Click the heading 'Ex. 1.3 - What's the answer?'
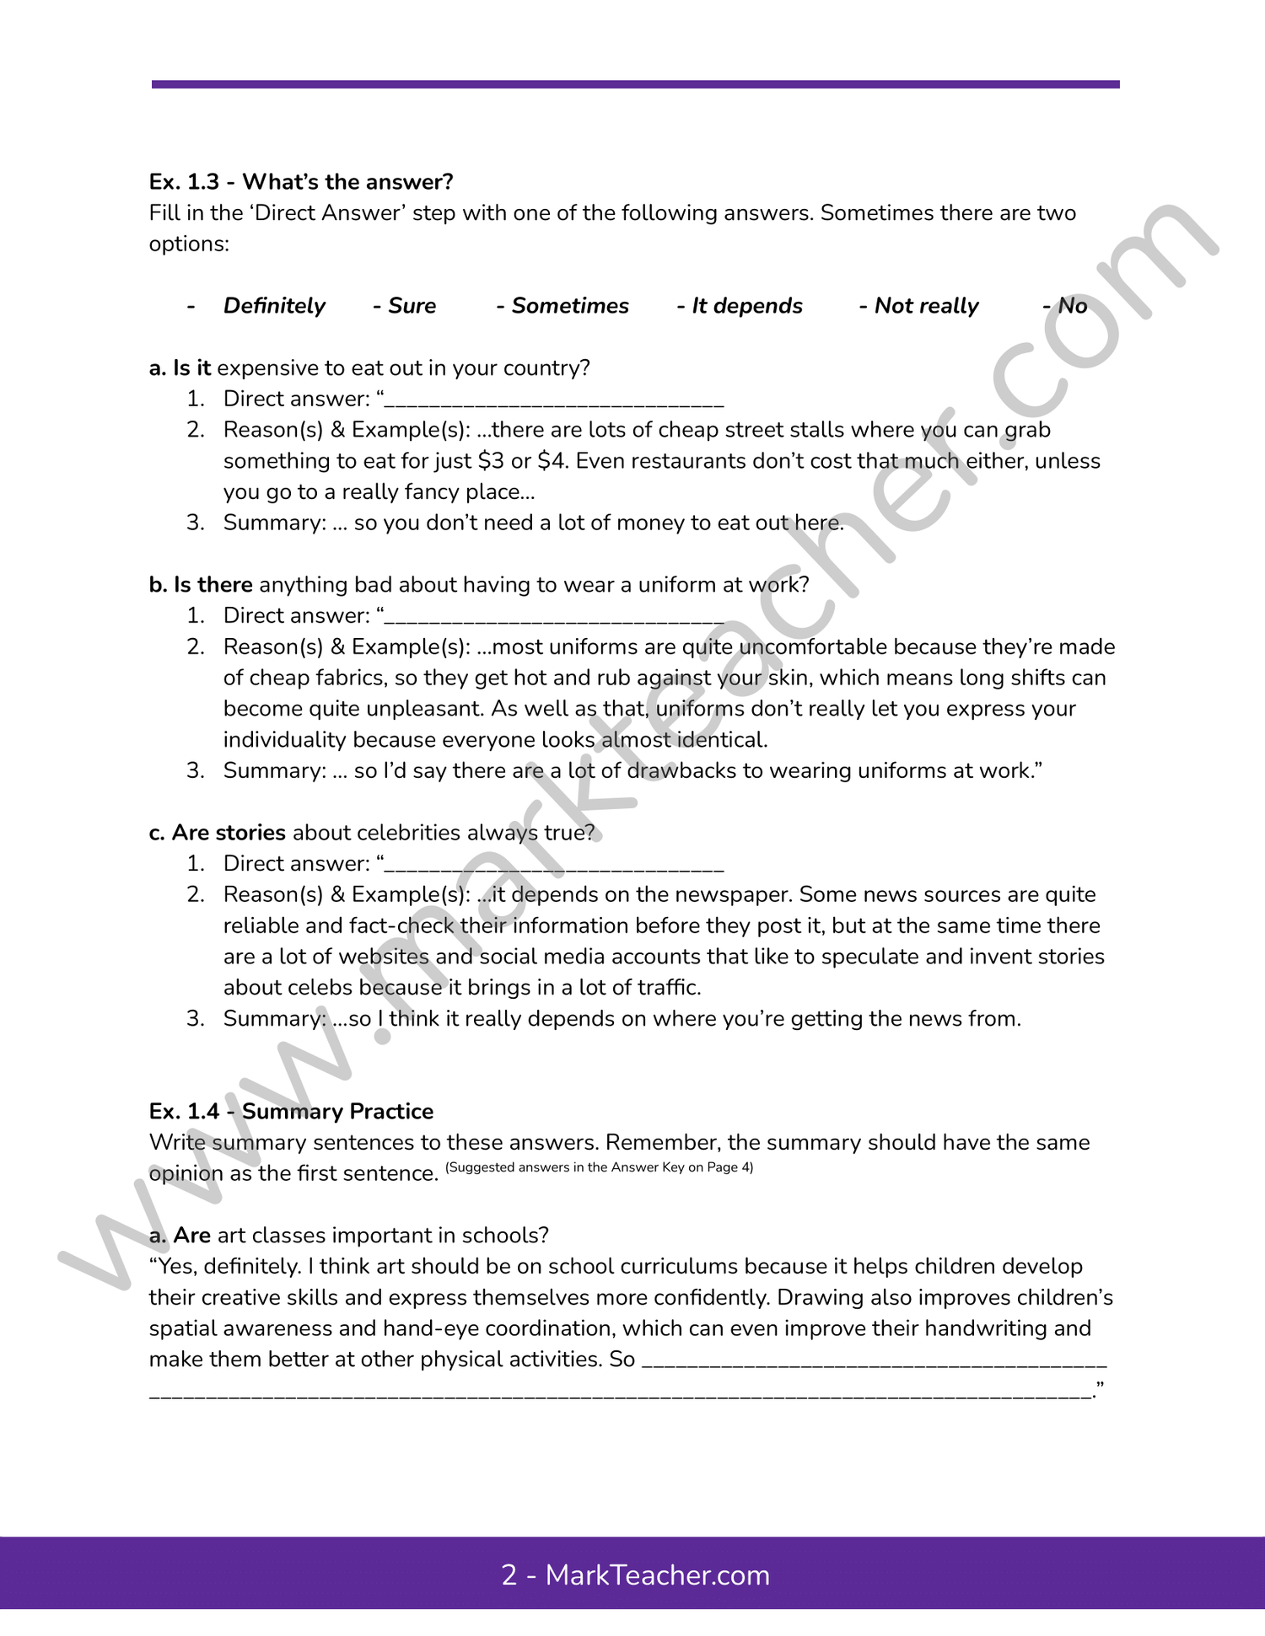301,182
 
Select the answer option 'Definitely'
274,306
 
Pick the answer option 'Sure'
412,306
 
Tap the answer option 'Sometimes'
570,306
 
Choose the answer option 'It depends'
747,306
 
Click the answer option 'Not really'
926,306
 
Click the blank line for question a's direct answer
554,402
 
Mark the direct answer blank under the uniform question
554,619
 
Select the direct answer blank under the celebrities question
554,866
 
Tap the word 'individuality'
285,740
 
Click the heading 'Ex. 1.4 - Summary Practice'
291,1112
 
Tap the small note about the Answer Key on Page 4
599,1167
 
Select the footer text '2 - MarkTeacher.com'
635,1574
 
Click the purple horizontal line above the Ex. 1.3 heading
635,84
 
